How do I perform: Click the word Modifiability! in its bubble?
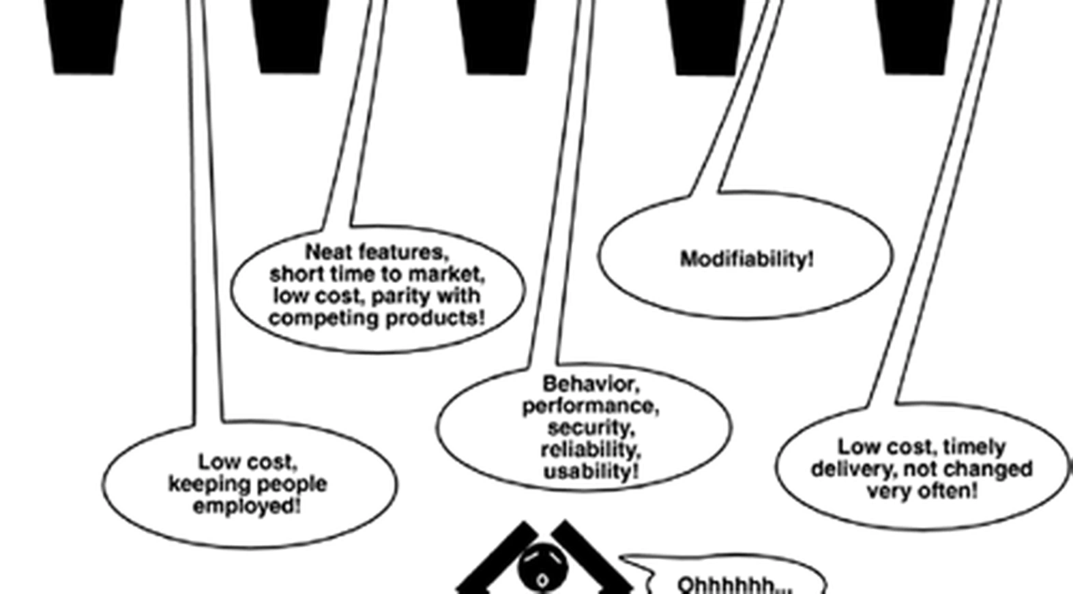[x=747, y=259]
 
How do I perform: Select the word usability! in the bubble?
[x=591, y=471]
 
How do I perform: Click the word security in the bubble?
[x=590, y=428]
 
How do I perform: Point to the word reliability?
[x=590, y=449]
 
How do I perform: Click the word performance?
[x=590, y=406]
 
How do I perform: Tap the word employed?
[x=247, y=506]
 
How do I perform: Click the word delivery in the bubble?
[x=844, y=469]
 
